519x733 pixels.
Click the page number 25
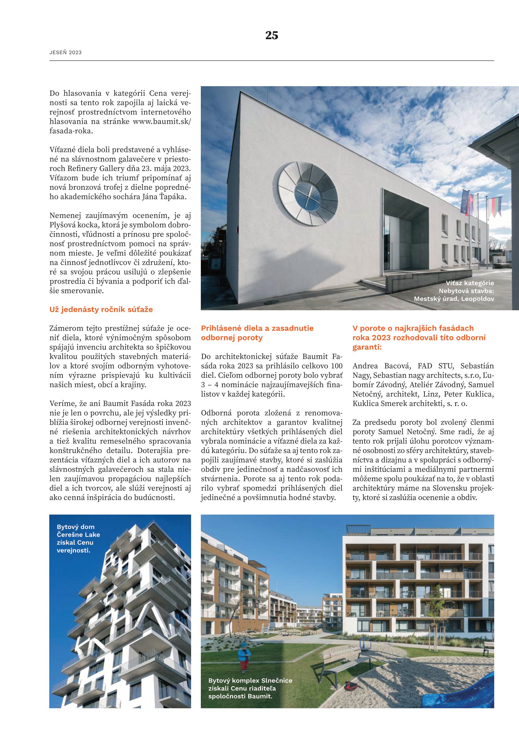pos(271,35)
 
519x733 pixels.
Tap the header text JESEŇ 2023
pos(66,53)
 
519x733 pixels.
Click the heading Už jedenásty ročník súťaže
pos(101,309)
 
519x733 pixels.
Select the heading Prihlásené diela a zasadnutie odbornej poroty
pos(257,333)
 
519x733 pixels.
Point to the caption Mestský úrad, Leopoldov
pos(454,299)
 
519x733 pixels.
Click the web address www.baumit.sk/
pos(161,121)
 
